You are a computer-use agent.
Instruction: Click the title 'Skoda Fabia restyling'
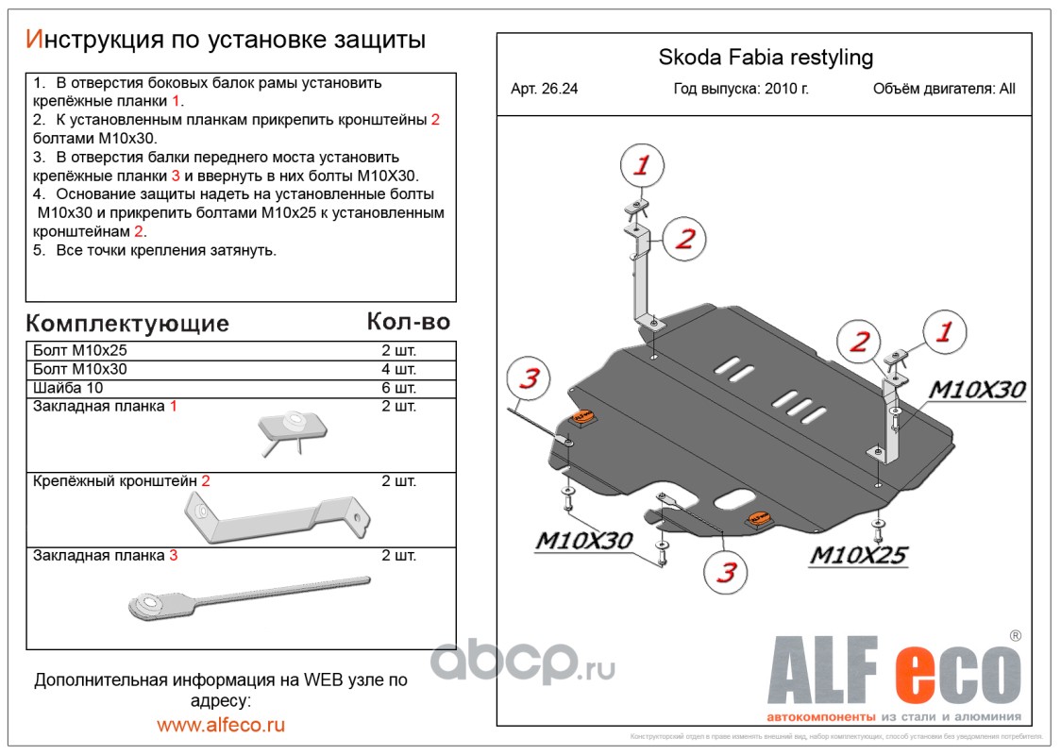coord(765,58)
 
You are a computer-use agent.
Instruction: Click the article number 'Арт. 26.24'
coord(545,90)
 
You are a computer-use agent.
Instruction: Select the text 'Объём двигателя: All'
coord(944,90)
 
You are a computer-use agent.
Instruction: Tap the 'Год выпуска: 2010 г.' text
coord(741,90)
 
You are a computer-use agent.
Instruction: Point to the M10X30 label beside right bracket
coord(977,390)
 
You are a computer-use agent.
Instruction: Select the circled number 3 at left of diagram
coord(529,379)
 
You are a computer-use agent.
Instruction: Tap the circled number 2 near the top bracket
coord(683,239)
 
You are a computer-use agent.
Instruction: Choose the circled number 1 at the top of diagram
coord(642,167)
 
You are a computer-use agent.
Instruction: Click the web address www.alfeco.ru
coord(221,725)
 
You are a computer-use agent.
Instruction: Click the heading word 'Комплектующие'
coord(127,324)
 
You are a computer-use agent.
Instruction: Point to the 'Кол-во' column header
coord(408,322)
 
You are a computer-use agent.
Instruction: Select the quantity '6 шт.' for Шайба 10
coord(398,388)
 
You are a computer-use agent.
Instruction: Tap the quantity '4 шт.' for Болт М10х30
coord(398,369)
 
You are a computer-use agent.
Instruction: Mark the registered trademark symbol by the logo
coord(1015,636)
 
